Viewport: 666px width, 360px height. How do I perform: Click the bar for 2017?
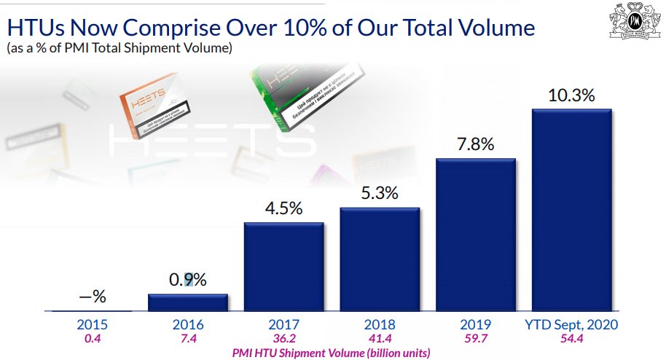283,267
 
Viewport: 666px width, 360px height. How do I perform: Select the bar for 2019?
476,235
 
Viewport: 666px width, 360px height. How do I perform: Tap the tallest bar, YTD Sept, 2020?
572,210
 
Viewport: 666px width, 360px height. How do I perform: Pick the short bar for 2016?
188,302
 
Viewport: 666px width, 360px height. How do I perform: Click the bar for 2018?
380,259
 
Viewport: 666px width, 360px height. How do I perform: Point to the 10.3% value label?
572,95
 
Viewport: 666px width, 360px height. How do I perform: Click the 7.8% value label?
476,144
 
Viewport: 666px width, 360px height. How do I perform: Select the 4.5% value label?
283,208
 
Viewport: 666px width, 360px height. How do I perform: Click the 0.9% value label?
188,280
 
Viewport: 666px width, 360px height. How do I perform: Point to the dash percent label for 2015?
93,296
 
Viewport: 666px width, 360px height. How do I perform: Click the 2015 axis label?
92,325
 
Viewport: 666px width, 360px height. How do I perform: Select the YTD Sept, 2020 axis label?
572,325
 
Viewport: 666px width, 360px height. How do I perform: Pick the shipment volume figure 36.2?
283,339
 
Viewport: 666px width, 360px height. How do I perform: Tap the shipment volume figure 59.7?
476,339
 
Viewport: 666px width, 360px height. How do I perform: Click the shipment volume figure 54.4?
572,339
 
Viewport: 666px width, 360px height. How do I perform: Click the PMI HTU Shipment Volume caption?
332,353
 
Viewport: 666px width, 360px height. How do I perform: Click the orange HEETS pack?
154,109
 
